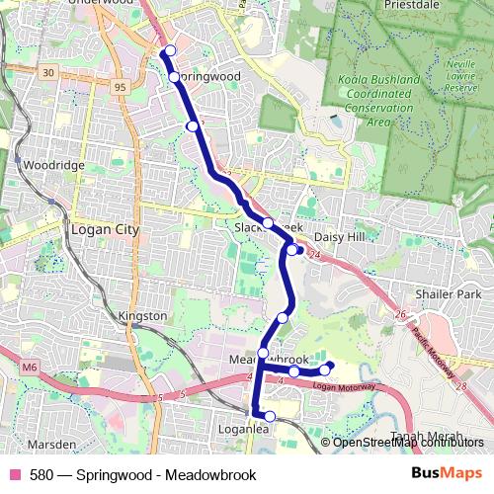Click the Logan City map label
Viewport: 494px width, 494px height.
click(105, 229)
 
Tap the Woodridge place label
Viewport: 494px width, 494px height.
click(53, 165)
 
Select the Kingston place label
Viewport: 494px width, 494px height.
click(142, 315)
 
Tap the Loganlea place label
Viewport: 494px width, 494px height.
click(272, 430)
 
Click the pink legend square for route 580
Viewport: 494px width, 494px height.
click(14, 475)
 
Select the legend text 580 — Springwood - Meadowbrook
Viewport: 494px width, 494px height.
click(142, 475)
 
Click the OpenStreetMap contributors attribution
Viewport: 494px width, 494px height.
click(408, 442)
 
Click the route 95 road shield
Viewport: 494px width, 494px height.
click(121, 87)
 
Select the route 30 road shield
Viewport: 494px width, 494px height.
click(47, 72)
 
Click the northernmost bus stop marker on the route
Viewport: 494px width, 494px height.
click(170, 50)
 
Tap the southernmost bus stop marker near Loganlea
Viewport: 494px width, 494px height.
click(270, 417)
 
